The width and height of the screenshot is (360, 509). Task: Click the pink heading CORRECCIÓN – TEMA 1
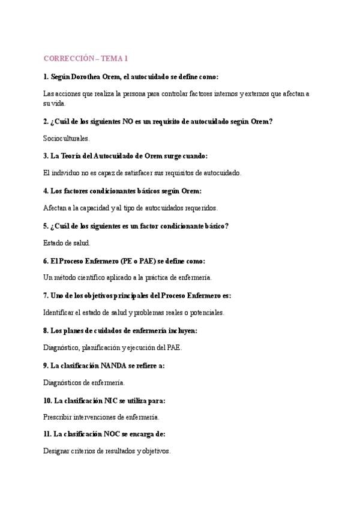(x=86, y=58)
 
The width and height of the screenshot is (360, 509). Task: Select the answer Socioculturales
(x=66, y=138)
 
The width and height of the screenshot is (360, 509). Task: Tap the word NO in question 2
(x=128, y=121)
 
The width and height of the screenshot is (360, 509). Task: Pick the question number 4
(x=46, y=191)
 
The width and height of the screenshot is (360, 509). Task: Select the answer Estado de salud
(x=67, y=243)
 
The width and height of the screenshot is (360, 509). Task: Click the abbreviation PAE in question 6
(x=149, y=261)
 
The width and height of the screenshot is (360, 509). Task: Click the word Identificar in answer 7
(x=61, y=313)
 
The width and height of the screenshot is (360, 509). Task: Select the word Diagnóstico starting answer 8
(x=63, y=348)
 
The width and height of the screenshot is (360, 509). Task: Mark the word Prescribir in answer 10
(x=59, y=417)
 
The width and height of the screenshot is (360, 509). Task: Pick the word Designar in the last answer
(x=58, y=451)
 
